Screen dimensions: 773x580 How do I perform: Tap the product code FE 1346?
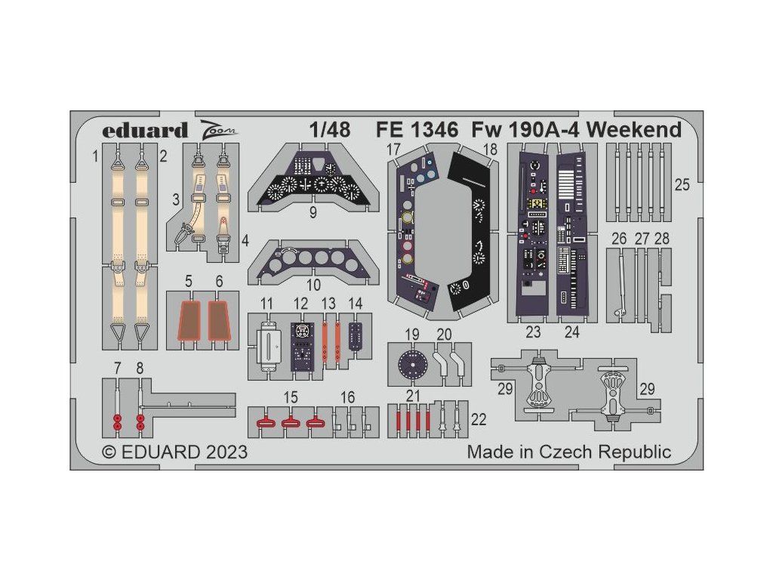(417, 130)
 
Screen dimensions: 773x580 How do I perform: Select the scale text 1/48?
(330, 130)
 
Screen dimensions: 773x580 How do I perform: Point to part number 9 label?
(313, 213)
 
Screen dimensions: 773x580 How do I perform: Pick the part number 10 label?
(313, 285)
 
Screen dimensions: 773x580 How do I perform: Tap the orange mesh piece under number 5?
(189, 320)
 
